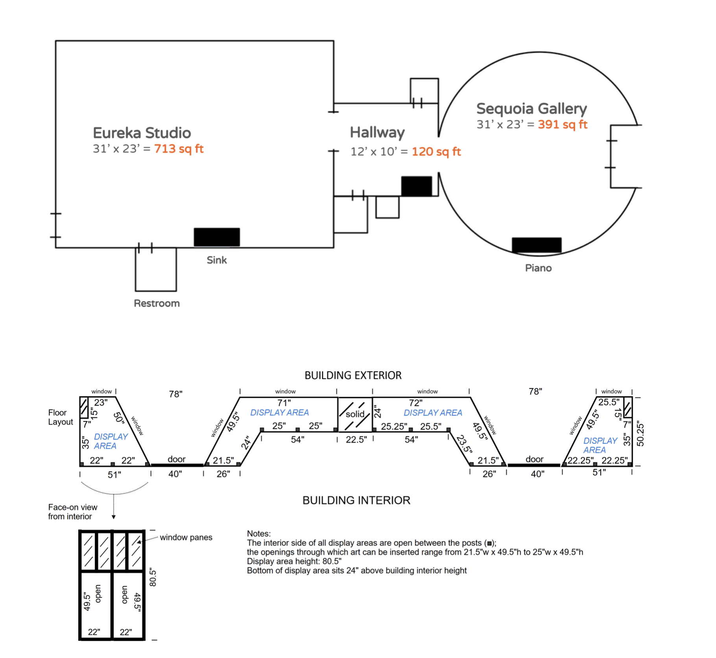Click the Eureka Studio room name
click(142, 133)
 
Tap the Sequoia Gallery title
click(531, 109)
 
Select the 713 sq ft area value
click(179, 149)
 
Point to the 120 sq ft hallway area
click(436, 152)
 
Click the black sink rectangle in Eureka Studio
click(217, 237)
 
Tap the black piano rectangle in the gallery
click(536, 244)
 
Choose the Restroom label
click(157, 303)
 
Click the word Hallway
click(377, 133)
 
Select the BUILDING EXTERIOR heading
click(353, 375)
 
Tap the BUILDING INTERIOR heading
click(356, 500)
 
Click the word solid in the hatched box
click(355, 414)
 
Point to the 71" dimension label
click(284, 403)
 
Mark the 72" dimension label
click(415, 403)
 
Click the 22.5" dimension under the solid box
click(356, 440)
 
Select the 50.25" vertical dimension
click(640, 434)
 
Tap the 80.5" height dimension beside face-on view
click(153, 577)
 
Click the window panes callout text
click(186, 537)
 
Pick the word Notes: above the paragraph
click(258, 534)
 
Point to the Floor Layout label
click(60, 417)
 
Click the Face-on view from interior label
click(72, 512)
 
